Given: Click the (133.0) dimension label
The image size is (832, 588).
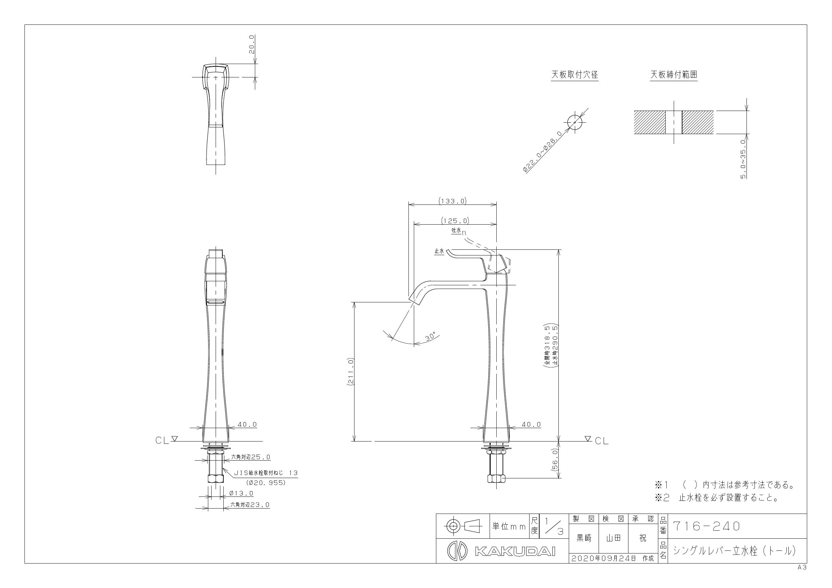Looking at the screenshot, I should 452,201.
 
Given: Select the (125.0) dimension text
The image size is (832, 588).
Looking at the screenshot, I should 455,220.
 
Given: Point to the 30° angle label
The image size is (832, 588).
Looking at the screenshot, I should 431,336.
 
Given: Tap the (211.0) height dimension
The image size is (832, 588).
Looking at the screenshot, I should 350,372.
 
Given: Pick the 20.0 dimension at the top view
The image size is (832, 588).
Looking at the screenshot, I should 252,45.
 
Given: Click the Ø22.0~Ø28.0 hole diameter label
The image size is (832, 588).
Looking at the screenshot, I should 543,152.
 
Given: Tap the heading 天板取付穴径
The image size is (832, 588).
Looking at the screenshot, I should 575,75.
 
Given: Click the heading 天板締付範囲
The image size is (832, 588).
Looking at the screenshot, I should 674,75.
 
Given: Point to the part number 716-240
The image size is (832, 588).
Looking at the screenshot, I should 706,526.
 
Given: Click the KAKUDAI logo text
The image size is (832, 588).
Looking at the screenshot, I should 515,551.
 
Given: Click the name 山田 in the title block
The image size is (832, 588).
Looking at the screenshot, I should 613,538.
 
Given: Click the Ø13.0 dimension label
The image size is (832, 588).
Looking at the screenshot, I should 241,493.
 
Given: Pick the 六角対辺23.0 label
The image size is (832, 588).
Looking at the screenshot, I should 250,505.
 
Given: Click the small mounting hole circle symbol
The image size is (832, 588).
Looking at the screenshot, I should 575,122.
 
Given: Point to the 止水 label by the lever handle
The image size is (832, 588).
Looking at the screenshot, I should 439,251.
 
